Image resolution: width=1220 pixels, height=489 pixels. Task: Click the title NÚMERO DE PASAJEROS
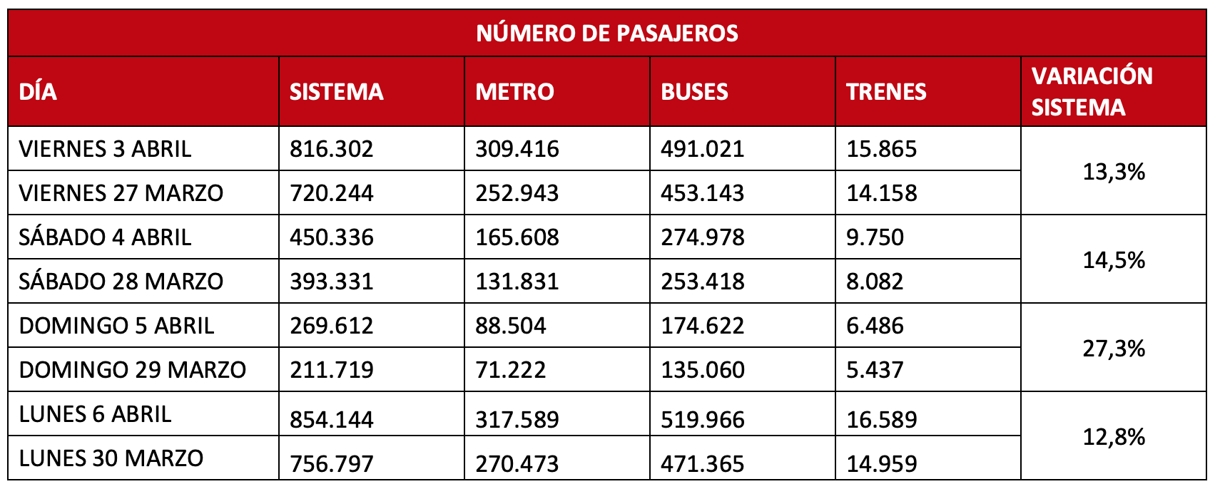click(x=607, y=34)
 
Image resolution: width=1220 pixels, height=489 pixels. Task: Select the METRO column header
click(x=514, y=92)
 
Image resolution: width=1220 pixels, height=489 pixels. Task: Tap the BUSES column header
click(x=694, y=92)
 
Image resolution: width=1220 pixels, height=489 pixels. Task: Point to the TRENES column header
click(x=886, y=92)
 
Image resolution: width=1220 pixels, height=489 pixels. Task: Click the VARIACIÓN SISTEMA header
click(x=1092, y=91)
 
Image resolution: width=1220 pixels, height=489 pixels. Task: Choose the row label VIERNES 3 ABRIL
click(x=105, y=149)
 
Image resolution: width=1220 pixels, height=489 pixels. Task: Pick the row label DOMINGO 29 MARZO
click(x=132, y=370)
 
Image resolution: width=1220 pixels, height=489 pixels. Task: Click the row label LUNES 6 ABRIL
click(x=95, y=414)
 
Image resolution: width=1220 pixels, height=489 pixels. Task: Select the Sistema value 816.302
click(x=331, y=149)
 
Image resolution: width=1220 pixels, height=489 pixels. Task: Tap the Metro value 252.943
click(x=517, y=193)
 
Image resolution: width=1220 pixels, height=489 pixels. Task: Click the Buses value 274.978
click(x=702, y=237)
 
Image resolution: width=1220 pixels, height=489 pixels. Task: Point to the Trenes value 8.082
click(x=875, y=282)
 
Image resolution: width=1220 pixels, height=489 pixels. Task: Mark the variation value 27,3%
click(x=1114, y=349)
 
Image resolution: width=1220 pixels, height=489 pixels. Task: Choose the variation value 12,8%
click(x=1114, y=437)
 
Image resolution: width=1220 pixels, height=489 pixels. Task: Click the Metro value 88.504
click(x=510, y=326)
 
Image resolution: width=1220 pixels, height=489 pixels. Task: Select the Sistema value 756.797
click(x=331, y=464)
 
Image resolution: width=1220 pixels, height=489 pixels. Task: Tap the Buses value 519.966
click(x=702, y=420)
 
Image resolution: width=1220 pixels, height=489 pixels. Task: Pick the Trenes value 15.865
click(x=881, y=149)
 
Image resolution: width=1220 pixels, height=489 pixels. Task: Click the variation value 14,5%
click(x=1114, y=260)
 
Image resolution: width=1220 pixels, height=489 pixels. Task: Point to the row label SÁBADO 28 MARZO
click(x=121, y=282)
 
